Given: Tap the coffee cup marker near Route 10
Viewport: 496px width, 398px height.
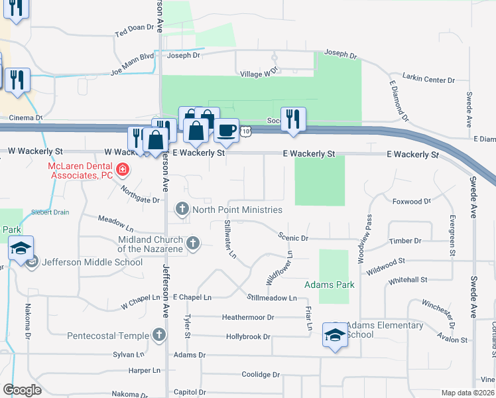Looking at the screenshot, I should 227,129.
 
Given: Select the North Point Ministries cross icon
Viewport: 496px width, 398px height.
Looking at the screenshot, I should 182,210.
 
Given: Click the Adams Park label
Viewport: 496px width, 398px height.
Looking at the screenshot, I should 329,285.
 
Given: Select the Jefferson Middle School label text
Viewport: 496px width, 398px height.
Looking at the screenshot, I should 92,262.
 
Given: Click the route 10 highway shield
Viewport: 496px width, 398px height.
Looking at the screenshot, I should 246,132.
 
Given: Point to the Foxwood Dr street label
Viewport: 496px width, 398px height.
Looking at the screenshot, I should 411,200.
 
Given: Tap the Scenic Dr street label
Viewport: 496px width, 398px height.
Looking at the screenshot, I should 294,237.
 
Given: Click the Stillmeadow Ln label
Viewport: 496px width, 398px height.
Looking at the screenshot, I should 272,298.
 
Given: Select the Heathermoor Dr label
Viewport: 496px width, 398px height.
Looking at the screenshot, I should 248,318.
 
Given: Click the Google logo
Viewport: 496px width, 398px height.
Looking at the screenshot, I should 22,390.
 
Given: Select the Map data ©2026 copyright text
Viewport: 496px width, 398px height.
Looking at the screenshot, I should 467,393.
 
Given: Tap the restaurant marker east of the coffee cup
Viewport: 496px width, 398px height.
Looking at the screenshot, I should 293,119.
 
